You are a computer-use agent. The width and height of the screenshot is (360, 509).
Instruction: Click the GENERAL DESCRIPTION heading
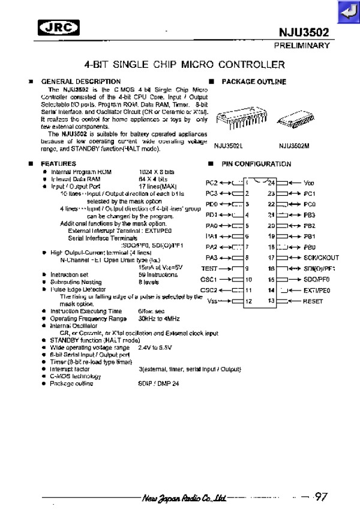80,82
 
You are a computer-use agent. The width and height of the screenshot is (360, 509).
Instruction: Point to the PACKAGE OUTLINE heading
254,82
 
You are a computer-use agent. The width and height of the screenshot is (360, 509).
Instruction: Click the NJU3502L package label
229,145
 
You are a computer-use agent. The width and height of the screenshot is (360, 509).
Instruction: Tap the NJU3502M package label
295,145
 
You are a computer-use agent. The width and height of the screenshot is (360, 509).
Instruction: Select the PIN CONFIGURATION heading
256,164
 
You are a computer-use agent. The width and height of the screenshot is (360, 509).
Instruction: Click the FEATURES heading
58,163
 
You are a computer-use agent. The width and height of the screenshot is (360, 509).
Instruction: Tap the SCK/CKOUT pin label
322,258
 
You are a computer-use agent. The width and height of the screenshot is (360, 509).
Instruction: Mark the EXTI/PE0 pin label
317,291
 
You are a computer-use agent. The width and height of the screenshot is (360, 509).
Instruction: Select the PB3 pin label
310,215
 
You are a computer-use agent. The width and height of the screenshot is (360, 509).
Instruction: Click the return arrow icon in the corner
347,10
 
